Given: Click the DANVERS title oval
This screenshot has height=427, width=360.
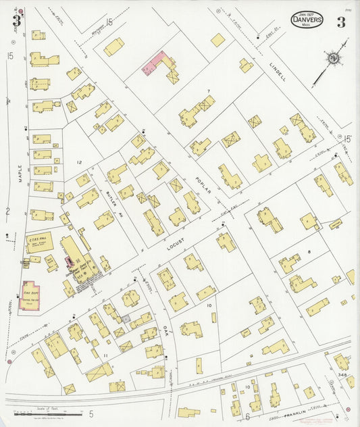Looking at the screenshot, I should (307, 19).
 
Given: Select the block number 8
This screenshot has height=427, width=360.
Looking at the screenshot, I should (309, 251).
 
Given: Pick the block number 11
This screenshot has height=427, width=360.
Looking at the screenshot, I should (105, 354).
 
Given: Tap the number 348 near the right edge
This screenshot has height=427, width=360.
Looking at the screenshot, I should (343, 374).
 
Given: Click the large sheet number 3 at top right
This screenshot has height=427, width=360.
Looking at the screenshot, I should (341, 21).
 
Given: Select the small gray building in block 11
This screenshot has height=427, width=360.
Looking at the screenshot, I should (125, 318).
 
